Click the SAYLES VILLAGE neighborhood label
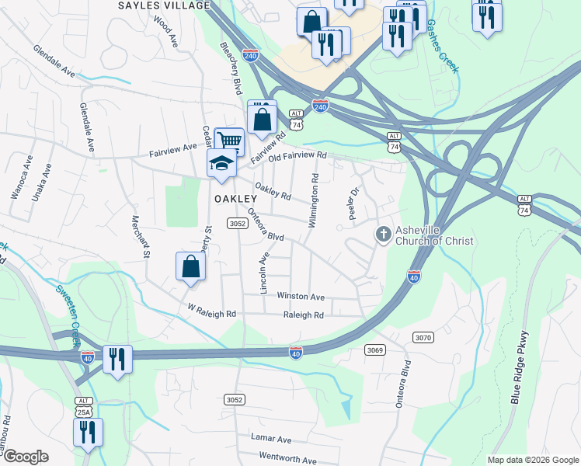point(164,5)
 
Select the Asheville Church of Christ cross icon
point(383,234)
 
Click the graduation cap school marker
point(221,164)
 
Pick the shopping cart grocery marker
point(229,141)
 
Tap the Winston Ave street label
point(301,297)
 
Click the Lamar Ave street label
point(270,440)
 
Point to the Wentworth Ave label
point(287,459)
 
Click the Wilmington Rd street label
point(313,200)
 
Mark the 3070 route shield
point(423,338)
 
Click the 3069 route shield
point(374,350)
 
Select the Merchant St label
point(140,237)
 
